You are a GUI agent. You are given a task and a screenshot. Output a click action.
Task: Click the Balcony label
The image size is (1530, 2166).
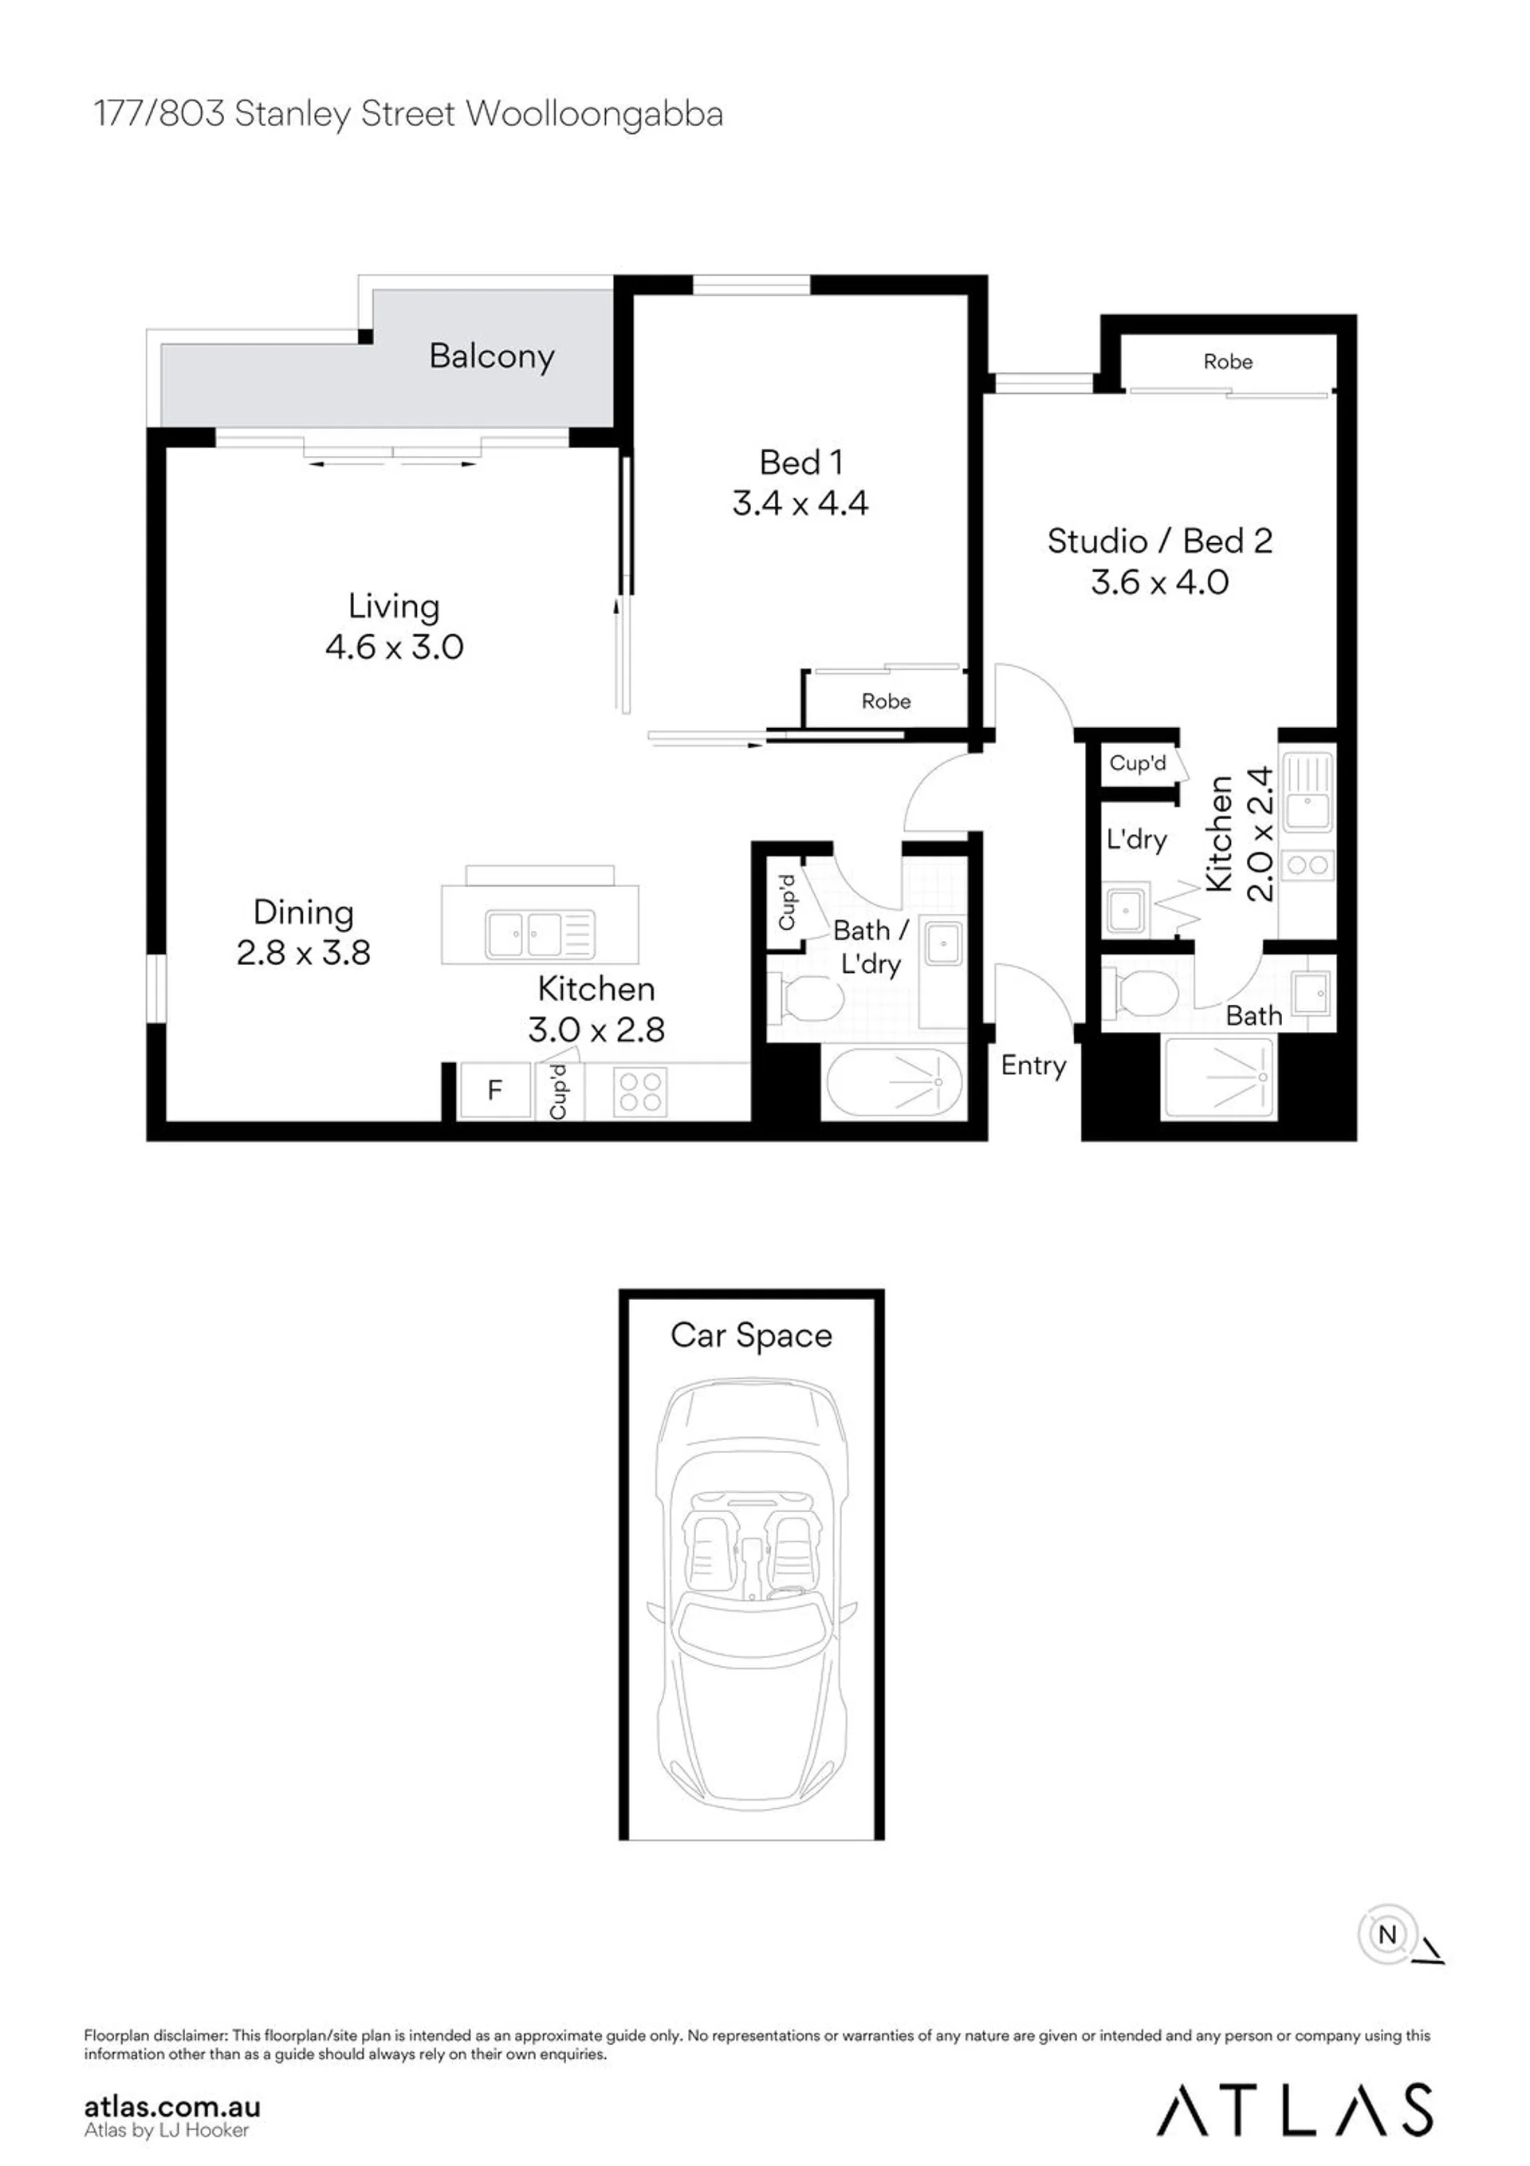coord(491,356)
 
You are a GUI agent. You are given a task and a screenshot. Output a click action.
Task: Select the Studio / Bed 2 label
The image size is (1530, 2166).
coord(1159,541)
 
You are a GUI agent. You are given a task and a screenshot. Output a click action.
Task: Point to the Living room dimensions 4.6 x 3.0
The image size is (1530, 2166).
coord(395,646)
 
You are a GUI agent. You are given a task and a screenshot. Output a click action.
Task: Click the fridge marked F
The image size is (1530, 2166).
coord(495,1090)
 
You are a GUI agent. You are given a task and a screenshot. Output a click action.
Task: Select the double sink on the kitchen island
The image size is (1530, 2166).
coord(540,934)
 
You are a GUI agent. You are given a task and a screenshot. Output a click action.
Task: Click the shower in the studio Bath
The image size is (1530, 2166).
coord(1220,1077)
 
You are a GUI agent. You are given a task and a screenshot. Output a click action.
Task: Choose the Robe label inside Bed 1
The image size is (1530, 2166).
coord(886,701)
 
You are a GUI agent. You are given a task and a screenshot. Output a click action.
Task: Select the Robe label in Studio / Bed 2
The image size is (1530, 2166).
coord(1227,361)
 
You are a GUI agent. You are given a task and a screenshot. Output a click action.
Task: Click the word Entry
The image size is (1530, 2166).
coord(1033,1066)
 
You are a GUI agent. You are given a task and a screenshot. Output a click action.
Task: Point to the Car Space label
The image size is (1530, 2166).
coord(751,1335)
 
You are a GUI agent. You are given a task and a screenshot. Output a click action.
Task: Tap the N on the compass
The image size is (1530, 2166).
coord(1386,1935)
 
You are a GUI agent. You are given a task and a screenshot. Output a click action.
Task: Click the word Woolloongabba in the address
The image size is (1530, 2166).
coord(594,113)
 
